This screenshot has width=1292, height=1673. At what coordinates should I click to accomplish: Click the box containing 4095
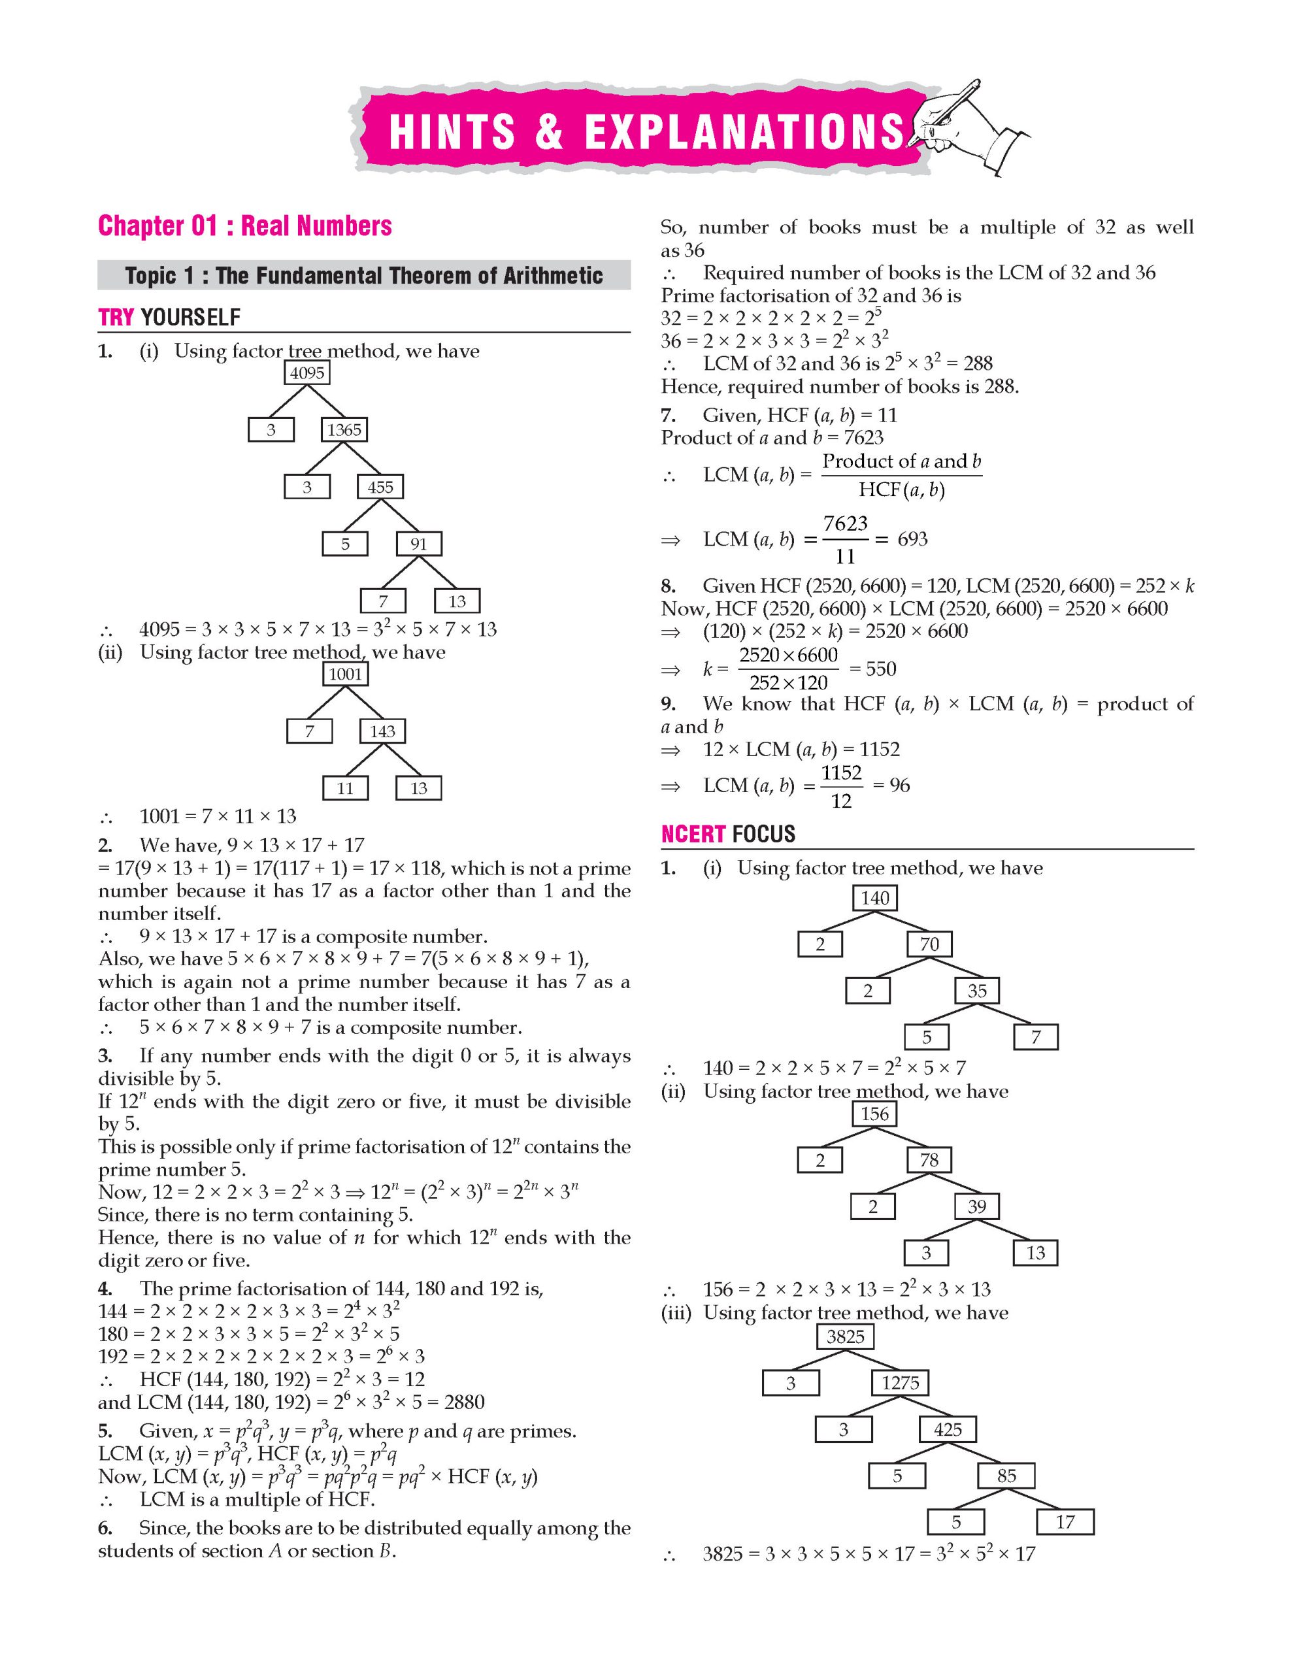click(x=307, y=373)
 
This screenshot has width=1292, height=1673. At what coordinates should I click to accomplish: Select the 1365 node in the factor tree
click(x=344, y=430)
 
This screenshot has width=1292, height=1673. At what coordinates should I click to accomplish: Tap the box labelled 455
click(x=380, y=487)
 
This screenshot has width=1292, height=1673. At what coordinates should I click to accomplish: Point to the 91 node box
click(x=418, y=544)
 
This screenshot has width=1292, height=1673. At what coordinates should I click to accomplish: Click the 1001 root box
click(x=344, y=674)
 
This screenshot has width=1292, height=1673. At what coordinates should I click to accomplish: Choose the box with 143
click(x=382, y=731)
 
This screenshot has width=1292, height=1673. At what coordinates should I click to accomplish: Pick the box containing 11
click(x=344, y=788)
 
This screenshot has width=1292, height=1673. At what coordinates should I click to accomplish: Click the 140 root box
click(x=874, y=898)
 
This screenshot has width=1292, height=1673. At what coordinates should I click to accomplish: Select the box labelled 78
click(x=929, y=1160)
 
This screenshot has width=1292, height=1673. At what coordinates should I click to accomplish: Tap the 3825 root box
click(x=846, y=1336)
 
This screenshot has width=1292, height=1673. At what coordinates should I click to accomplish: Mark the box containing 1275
click(x=900, y=1383)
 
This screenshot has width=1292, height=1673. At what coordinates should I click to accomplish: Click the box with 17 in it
click(x=1065, y=1521)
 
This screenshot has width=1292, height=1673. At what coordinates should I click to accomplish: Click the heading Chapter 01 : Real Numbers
click(x=245, y=226)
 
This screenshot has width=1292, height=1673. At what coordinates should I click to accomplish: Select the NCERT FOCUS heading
click(x=727, y=833)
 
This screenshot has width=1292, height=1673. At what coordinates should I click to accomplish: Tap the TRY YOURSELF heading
click(x=169, y=317)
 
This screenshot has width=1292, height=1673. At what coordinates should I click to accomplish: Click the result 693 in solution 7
click(x=912, y=539)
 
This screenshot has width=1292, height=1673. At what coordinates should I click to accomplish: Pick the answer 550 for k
click(x=880, y=669)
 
